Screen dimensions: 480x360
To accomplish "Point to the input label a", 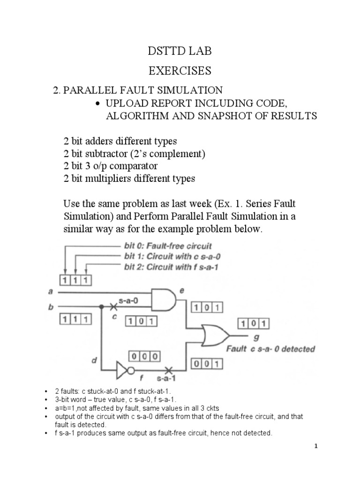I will (x=51, y=292).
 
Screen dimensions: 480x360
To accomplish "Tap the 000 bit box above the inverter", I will (x=144, y=357).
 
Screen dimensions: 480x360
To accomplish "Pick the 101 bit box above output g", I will (x=254, y=323).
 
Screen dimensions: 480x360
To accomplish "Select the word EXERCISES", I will (x=180, y=71).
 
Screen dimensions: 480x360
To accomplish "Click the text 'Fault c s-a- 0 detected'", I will (x=270, y=349).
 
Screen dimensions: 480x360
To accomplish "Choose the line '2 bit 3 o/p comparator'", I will (x=111, y=166).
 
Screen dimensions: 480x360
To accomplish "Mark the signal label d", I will (x=94, y=360).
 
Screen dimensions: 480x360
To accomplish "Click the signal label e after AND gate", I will (x=182, y=291).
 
